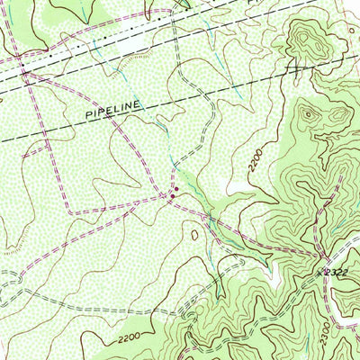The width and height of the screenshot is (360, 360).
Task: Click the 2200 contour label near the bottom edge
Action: point(130,339)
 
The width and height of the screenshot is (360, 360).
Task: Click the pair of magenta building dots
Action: point(173,191)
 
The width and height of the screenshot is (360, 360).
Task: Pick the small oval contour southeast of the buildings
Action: point(195,235)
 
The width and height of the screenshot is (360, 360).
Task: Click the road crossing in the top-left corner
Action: point(24,76)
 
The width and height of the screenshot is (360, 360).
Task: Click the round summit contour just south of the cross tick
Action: point(310,112)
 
